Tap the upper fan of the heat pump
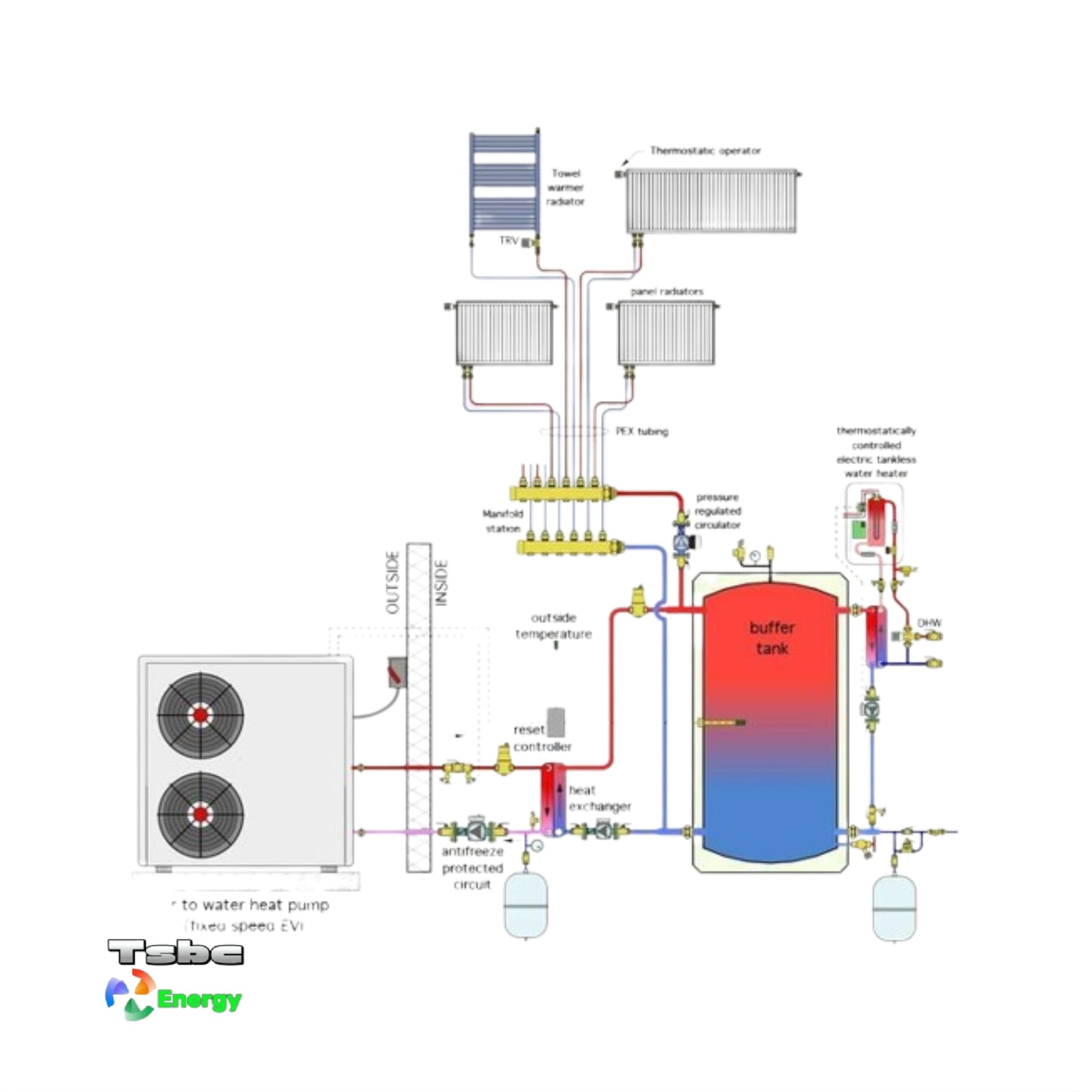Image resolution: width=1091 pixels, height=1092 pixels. pos(200,715)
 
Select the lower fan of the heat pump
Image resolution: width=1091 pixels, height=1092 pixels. pos(200,814)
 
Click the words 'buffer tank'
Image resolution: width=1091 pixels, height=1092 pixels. pos(771,638)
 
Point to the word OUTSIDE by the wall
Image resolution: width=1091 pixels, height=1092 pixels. pos(392,583)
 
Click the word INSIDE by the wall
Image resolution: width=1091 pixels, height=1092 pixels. pos(442,583)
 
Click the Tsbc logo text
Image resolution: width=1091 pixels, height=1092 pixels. pos(176,953)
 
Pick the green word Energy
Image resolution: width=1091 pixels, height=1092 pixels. pos(199,1000)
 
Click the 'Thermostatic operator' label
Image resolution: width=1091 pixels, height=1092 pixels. pos(705,151)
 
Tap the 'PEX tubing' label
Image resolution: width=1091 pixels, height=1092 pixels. pos(642,432)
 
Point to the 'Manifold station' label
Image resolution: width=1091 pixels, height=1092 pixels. pos(502,521)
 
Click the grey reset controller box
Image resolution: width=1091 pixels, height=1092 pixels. pos(555,722)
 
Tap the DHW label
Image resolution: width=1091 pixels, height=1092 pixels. pos(929,623)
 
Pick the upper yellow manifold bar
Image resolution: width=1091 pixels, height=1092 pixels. pos(563,493)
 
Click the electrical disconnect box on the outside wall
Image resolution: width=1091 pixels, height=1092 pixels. pos(397,672)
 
